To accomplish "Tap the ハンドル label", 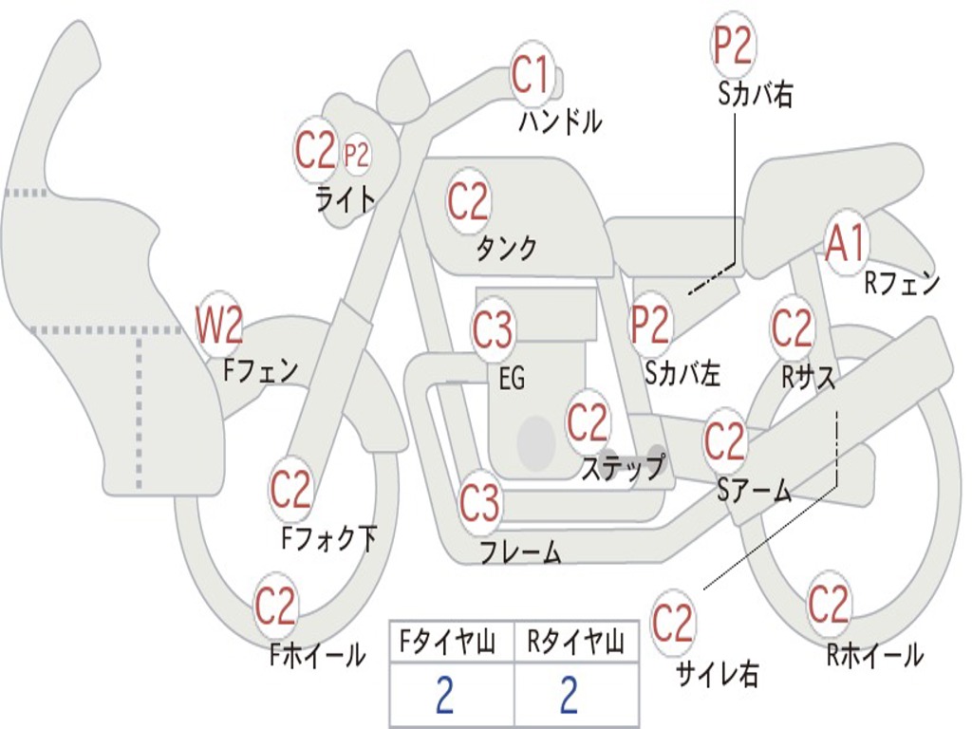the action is pos(560,121).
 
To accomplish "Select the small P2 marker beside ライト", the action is pos(356,154).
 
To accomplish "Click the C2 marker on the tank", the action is pos(467,200).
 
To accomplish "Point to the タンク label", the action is pos(506,249).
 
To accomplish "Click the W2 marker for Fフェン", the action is pos(218,326).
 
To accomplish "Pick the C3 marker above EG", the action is pos(493,330).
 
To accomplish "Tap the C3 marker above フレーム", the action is pos(480,502).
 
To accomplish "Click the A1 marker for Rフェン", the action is pos(846,245).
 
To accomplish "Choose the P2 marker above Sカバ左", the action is pos(651,325).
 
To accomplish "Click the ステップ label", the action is pos(623,468).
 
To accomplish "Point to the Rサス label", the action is pos(808,377).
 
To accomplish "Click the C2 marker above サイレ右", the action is pos(673,623).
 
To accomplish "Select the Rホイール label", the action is pos(874,654).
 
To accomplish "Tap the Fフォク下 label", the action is pos(328,539).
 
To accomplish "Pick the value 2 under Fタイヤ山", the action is pos(444,696).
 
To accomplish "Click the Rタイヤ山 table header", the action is pos(575,645).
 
